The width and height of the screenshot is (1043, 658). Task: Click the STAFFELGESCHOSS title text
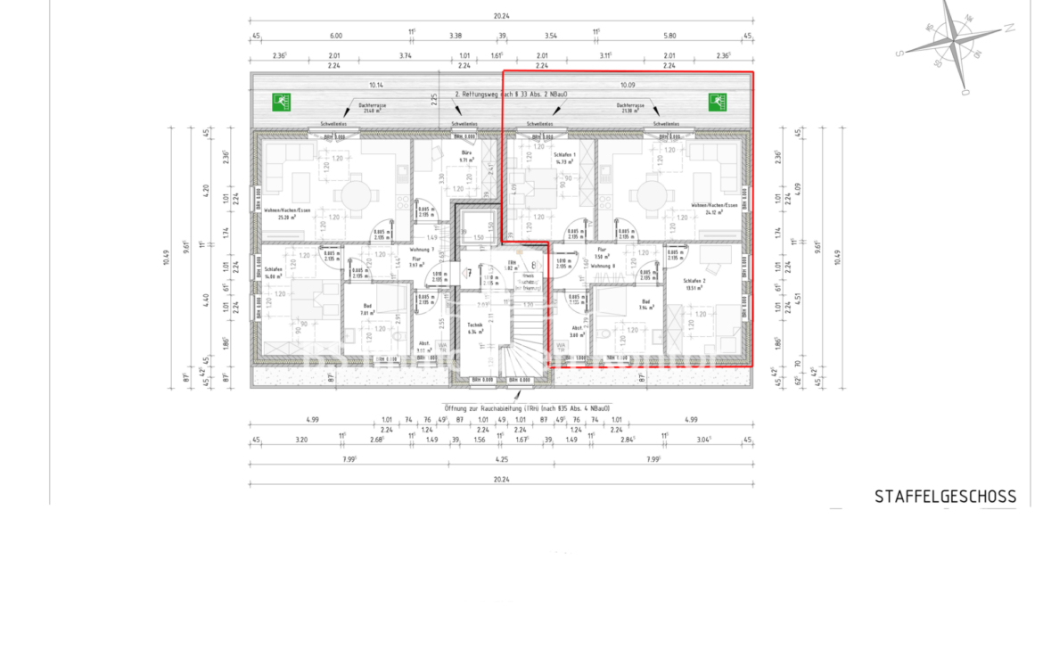point(945,497)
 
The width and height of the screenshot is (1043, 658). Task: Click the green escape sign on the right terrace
point(717,103)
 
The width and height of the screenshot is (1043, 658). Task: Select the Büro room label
point(465,154)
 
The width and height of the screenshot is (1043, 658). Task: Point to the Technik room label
point(476,325)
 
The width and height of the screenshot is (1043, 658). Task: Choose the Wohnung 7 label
point(421,249)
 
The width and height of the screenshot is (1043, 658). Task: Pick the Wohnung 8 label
point(604,266)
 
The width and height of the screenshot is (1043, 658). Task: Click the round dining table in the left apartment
point(355,194)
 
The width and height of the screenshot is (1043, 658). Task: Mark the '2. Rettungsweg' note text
point(512,94)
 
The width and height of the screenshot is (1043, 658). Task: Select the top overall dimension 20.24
point(500,14)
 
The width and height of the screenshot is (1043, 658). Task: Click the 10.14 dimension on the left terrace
point(376,86)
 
